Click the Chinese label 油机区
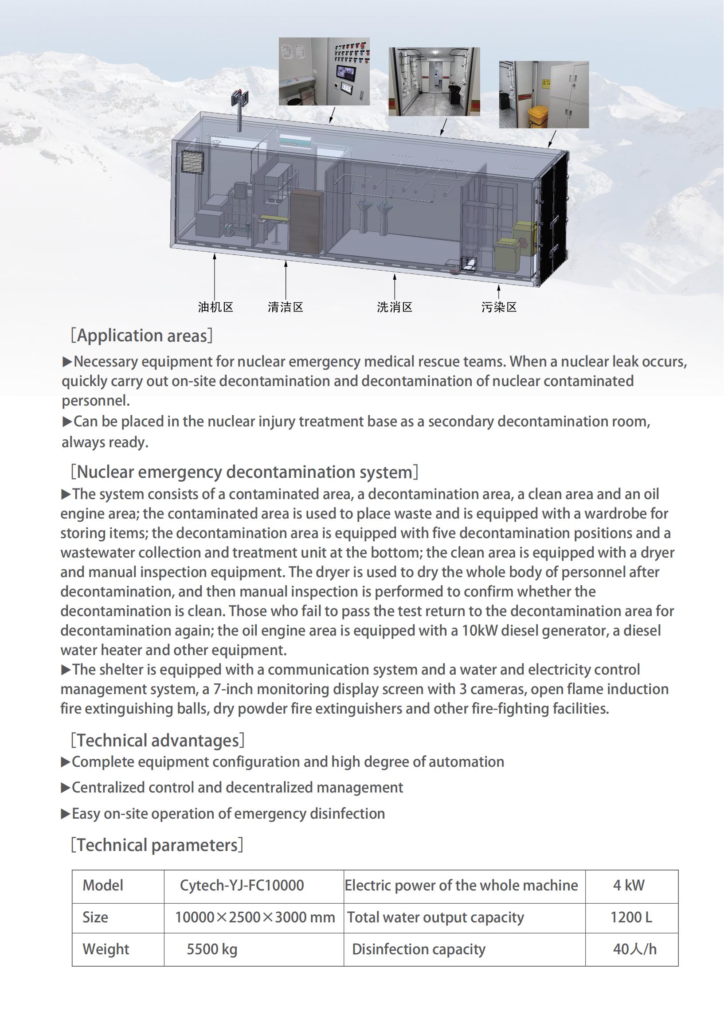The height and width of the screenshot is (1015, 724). (216, 307)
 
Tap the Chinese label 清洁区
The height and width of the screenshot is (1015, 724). (286, 307)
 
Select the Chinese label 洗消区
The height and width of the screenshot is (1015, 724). (395, 307)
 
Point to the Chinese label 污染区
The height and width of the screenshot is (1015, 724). (499, 307)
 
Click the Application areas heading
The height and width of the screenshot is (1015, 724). (142, 336)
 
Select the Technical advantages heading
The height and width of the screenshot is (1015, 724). (158, 740)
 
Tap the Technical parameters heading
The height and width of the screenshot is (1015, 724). (157, 845)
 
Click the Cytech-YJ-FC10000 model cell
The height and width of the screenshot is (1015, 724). (242, 885)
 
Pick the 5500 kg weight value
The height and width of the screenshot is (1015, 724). (212, 949)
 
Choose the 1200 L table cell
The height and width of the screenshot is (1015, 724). (631, 917)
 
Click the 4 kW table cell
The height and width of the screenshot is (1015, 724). (629, 885)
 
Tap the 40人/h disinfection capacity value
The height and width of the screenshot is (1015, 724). (634, 949)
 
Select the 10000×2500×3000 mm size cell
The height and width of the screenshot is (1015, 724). (254, 917)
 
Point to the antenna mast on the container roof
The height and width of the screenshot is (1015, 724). (240, 109)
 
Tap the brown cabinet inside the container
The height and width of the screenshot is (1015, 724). (306, 221)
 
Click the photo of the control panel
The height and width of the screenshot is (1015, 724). (324, 71)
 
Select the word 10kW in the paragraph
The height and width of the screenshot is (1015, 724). (479, 630)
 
